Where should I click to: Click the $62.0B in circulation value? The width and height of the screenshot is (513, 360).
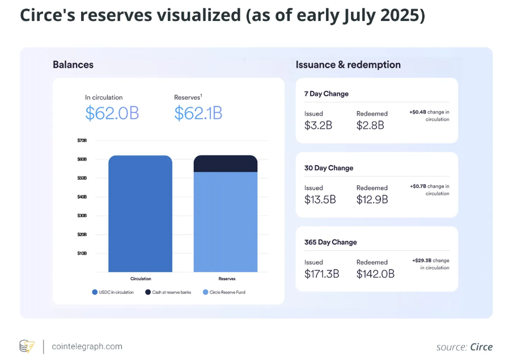pyautogui.click(x=112, y=113)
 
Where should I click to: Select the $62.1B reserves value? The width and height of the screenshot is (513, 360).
pyautogui.click(x=198, y=113)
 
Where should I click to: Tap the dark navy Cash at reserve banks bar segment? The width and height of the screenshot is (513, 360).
pyautogui.click(x=226, y=164)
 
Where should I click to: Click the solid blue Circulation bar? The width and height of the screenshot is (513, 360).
pyautogui.click(x=141, y=214)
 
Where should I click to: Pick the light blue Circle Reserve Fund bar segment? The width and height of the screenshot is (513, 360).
pyautogui.click(x=226, y=222)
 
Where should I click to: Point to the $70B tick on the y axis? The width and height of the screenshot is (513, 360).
pyautogui.click(x=82, y=141)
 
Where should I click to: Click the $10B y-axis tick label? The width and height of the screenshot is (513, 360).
pyautogui.click(x=82, y=253)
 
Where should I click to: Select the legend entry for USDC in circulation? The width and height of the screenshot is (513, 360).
pyautogui.click(x=113, y=293)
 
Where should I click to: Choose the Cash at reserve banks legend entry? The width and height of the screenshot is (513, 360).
pyautogui.click(x=168, y=293)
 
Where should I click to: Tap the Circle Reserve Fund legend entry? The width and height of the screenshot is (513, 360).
pyautogui.click(x=224, y=293)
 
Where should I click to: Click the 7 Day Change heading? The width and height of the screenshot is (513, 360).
pyautogui.click(x=326, y=94)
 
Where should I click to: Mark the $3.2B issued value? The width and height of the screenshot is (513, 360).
pyautogui.click(x=318, y=125)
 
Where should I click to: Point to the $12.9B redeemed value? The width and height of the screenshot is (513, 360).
pyautogui.click(x=372, y=200)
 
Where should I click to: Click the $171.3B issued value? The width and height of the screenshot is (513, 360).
pyautogui.click(x=321, y=274)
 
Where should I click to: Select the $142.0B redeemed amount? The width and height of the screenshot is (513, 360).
pyautogui.click(x=375, y=274)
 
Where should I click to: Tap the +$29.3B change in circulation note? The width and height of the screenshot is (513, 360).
pyautogui.click(x=431, y=264)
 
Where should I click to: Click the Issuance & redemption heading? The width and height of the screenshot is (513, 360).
pyautogui.click(x=348, y=65)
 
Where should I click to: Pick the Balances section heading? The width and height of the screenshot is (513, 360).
pyautogui.click(x=73, y=65)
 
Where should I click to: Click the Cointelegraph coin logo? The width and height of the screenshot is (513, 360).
pyautogui.click(x=27, y=346)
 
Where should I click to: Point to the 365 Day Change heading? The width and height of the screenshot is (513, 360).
pyautogui.click(x=330, y=243)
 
